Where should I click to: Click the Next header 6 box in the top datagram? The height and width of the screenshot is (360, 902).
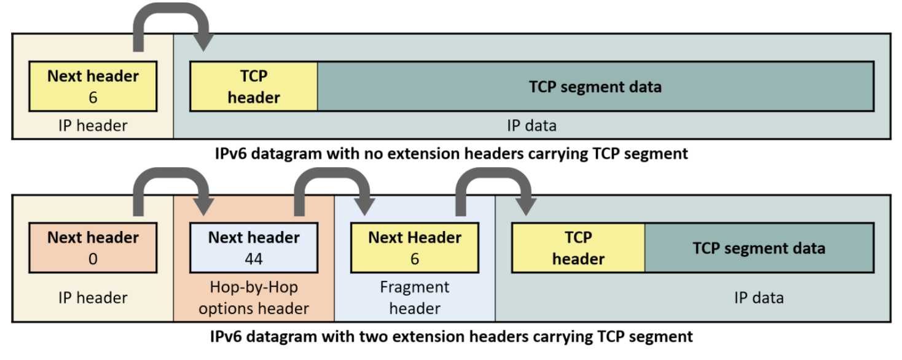coord(93,87)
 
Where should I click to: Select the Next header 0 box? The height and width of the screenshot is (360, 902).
coord(93,248)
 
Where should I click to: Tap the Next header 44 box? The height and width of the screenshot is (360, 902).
coord(254,248)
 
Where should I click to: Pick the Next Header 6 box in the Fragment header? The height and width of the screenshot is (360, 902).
coord(415,248)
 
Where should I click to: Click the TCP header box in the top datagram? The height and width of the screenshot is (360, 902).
coord(254,87)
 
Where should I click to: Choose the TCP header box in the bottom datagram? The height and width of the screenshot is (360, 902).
coord(578,248)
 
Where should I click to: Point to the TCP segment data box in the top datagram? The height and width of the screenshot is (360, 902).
coord(595,87)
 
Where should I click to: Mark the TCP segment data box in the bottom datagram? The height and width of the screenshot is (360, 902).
coord(759,248)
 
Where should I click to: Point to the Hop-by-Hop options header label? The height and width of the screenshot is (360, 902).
coord(254,298)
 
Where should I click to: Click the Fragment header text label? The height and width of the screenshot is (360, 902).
coord(415,298)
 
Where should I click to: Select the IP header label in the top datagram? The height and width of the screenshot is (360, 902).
coord(93,126)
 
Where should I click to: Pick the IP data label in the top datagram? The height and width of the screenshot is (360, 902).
coord(532,126)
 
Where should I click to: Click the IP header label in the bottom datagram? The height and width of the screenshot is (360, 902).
coord(93,298)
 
